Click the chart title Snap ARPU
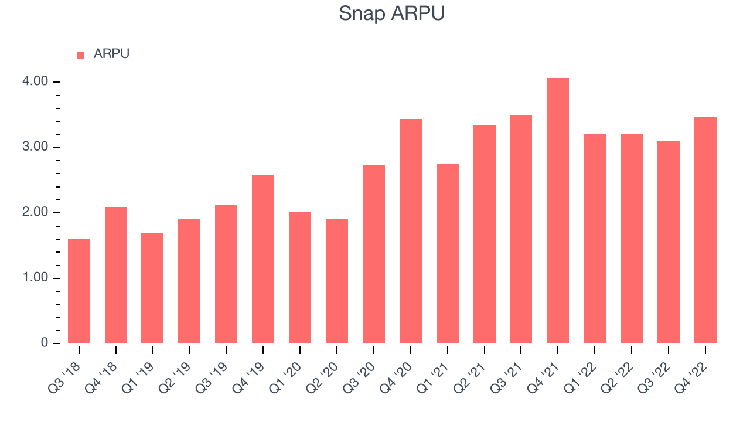tap(391, 13)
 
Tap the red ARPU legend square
tap(80, 55)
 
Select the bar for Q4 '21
tap(557, 210)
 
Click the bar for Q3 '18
tap(79, 291)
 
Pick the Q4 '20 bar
tap(411, 231)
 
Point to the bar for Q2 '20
tap(337, 281)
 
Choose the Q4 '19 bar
tap(263, 259)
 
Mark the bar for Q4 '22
tap(705, 230)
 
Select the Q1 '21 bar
tap(447, 254)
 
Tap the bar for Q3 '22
tap(669, 242)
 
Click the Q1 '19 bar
tap(152, 288)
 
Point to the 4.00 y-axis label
tap(35, 81)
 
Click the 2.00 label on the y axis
tap(35, 212)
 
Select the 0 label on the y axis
tap(45, 343)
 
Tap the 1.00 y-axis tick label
tap(35, 278)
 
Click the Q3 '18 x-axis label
tap(64, 377)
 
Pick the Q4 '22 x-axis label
tap(690, 377)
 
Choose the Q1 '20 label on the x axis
tap(285, 377)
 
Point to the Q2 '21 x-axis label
tap(469, 377)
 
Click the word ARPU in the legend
tap(111, 54)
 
